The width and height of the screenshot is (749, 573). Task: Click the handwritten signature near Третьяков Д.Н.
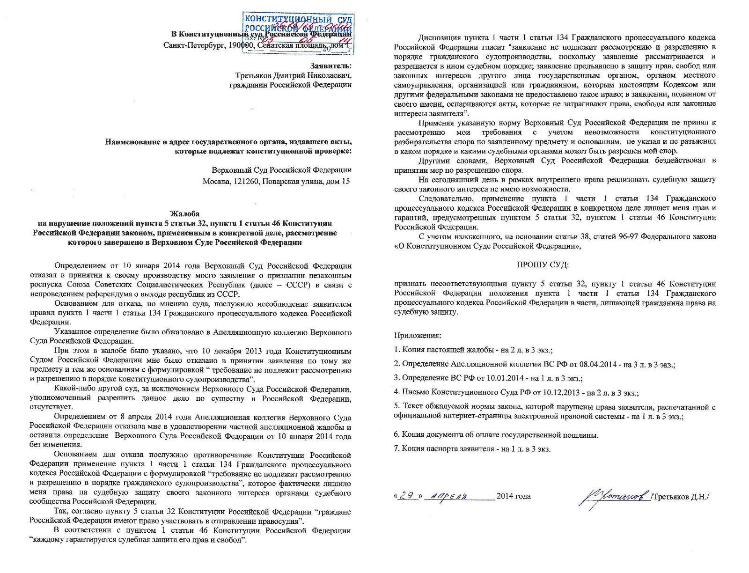pos(610,496)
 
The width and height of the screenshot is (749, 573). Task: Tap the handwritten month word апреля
pos(448,496)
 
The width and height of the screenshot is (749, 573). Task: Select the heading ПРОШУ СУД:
pos(543,264)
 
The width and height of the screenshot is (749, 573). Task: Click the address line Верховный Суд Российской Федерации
pos(279,170)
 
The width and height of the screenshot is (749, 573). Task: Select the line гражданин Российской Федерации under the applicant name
pos(290,85)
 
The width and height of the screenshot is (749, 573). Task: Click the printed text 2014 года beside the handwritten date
pos(514,496)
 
